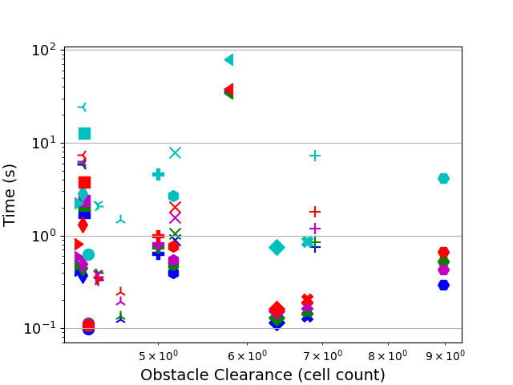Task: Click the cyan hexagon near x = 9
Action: (443, 178)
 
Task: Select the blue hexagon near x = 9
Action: (443, 285)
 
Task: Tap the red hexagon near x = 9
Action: (443, 253)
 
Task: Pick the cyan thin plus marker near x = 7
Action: (315, 156)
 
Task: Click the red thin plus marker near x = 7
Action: (315, 212)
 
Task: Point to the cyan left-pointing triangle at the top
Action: (228, 59)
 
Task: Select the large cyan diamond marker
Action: (277, 247)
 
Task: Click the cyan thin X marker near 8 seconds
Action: (175, 152)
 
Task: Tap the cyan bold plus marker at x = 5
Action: (158, 174)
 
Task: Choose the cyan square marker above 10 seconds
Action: (84, 133)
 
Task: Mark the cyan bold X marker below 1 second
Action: (307, 241)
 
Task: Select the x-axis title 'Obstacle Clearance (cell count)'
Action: (262, 375)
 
